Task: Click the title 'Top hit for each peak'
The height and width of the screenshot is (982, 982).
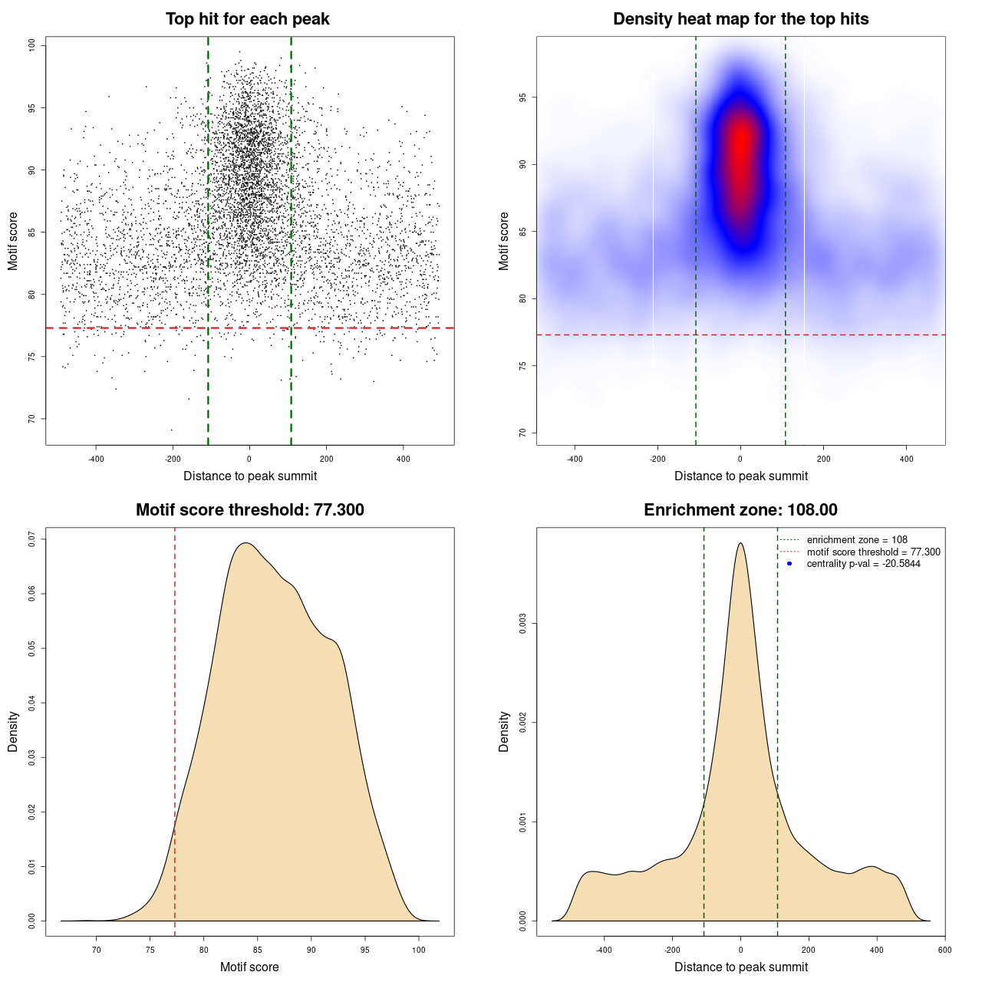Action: tap(248, 19)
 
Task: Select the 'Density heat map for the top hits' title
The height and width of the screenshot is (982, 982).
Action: tap(740, 19)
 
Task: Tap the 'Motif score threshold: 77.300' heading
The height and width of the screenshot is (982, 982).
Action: tap(249, 510)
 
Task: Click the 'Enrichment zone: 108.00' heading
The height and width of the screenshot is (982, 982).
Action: tap(740, 510)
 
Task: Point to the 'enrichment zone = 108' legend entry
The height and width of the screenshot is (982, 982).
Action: tap(857, 540)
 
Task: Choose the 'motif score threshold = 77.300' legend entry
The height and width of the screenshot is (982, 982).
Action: tap(873, 552)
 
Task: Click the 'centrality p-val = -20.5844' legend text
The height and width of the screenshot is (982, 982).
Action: tap(863, 564)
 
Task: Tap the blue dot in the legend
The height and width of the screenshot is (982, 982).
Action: tap(789, 564)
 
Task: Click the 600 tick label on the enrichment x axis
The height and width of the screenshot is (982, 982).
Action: tap(944, 950)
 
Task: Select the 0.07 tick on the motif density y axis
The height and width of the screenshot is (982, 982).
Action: tap(32, 539)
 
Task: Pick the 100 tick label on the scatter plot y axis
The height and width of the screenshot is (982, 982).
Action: tap(32, 46)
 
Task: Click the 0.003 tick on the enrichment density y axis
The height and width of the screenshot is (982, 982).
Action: tap(523, 624)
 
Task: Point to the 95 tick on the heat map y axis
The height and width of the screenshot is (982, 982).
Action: tap(523, 97)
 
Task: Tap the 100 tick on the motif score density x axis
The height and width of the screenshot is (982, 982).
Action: tap(418, 950)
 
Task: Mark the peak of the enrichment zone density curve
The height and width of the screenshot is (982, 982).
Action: tap(740, 544)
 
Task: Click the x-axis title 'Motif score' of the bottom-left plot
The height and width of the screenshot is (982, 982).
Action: tap(249, 967)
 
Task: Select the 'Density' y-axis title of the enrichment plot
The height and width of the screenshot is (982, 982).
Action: tap(504, 731)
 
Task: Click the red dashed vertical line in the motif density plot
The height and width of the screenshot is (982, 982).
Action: tap(175, 729)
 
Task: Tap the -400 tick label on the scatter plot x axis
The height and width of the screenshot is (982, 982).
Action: tap(96, 459)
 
